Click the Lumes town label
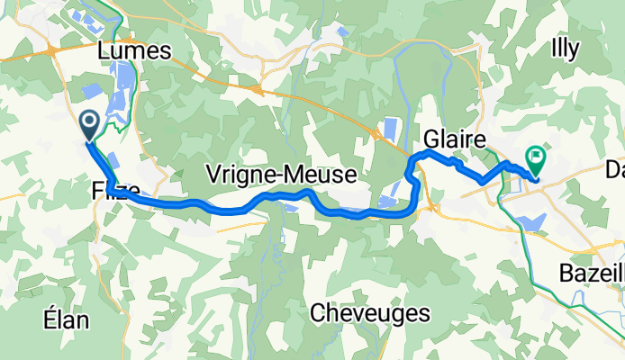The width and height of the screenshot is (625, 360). click(x=137, y=52)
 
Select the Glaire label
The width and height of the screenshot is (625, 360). click(x=455, y=140)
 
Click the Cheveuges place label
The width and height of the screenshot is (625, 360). click(x=369, y=312)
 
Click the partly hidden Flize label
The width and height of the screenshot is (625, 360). click(x=114, y=192)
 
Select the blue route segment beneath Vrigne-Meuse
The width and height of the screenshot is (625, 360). click(x=270, y=195)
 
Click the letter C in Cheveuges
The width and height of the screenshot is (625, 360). click(x=317, y=312)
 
